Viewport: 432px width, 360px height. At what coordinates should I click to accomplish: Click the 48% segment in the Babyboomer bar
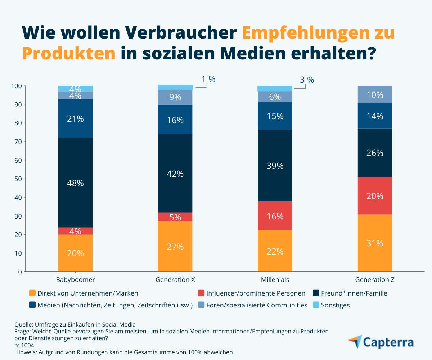pyautogui.click(x=75, y=183)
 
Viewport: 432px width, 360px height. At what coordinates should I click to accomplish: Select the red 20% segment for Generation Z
pyautogui.click(x=375, y=196)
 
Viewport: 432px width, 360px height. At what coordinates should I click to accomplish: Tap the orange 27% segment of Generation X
pyautogui.click(x=175, y=247)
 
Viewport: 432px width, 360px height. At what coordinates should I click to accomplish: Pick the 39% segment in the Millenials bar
pyautogui.click(x=275, y=166)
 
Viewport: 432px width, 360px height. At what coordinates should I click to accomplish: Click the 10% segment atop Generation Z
pyautogui.click(x=375, y=95)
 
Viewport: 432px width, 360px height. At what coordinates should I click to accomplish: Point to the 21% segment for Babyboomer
pyautogui.click(x=75, y=118)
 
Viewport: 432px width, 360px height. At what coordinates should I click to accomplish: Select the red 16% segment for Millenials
pyautogui.click(x=275, y=216)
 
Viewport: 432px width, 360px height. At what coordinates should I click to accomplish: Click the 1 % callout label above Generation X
pyautogui.click(x=208, y=80)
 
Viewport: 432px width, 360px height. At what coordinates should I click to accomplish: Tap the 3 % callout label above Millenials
pyautogui.click(x=307, y=80)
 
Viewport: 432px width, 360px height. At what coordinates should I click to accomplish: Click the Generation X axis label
pyautogui.click(x=175, y=279)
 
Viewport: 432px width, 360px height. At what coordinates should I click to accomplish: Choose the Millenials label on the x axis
pyautogui.click(x=275, y=279)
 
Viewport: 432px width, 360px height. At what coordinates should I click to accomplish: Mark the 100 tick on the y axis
pyautogui.click(x=17, y=86)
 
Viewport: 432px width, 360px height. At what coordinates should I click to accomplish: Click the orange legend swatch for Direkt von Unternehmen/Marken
pyautogui.click(x=32, y=293)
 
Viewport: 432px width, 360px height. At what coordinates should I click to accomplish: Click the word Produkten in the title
pyautogui.click(x=69, y=53)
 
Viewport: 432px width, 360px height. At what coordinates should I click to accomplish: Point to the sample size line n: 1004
pyautogui.click(x=24, y=345)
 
